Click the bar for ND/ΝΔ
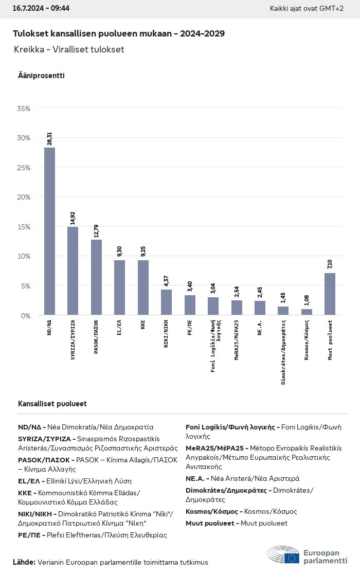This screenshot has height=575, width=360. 49,231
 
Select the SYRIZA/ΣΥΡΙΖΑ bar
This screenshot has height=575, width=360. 73,271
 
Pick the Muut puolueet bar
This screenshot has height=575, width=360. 330,294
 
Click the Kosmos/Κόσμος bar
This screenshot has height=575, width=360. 307,312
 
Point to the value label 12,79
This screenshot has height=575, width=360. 96,230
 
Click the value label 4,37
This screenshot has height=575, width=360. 166,280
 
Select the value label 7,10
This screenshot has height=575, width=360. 330,264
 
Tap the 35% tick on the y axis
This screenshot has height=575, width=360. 24,109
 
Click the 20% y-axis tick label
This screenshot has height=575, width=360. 24,197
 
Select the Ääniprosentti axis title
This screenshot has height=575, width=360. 41,76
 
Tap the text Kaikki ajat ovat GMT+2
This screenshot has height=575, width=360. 307,8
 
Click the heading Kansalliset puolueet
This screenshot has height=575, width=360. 52,404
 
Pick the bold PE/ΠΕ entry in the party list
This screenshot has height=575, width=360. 31,535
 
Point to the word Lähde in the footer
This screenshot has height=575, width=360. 24,562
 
